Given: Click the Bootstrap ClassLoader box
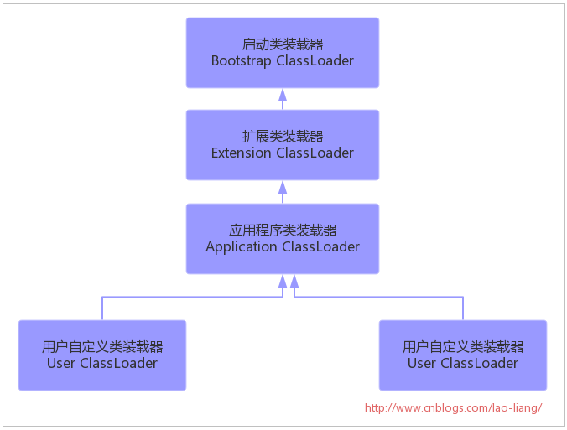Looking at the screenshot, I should pos(283,52).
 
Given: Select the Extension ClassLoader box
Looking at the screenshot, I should pos(283,144).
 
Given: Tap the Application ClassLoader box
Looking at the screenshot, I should pos(283,238).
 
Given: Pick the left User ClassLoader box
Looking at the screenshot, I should pos(102,355).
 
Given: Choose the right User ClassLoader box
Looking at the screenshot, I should pos(463,355).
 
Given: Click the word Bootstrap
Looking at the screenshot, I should pos(242,61).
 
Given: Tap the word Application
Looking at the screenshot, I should pos(242,247).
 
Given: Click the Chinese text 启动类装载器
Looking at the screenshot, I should pos(283,44).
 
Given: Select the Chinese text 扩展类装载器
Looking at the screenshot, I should pos(283,136).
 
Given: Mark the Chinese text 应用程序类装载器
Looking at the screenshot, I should pos(283,230).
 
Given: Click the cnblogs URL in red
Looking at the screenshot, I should pos(454,407).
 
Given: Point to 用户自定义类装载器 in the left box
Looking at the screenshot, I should pos(102,346).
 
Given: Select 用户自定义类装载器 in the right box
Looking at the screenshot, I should pos(463,346).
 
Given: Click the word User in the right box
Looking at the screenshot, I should pos(422,364).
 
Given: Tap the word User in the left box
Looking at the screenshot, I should pos(61,364).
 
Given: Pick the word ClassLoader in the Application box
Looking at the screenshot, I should pos(320,247).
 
